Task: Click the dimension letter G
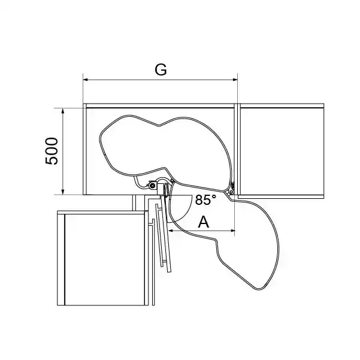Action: pos(161,69)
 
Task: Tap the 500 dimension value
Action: pos(52,151)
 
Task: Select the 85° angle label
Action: pos(205,199)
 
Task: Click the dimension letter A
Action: pos(204,222)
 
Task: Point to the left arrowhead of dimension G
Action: pos(86,80)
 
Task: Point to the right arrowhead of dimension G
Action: pos(235,80)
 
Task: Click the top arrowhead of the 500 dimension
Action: pos(63,111)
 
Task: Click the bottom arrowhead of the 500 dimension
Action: pos(63,192)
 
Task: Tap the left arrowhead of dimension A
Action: pos(171,230)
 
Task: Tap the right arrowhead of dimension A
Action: pos(232,230)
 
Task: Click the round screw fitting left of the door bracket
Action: pos(152,185)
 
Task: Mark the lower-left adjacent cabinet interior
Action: pos(105,259)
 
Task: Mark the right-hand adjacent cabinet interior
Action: pos(282,152)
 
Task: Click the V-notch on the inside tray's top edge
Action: pos(159,126)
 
